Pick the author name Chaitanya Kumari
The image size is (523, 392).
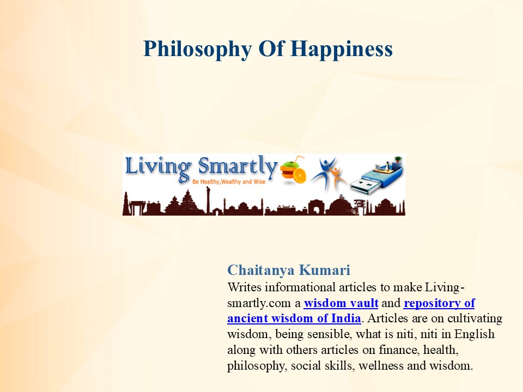tap(289, 270)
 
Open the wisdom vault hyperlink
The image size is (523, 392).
tap(341, 303)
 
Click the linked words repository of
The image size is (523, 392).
tap(439, 303)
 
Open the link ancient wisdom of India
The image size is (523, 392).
tap(294, 318)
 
